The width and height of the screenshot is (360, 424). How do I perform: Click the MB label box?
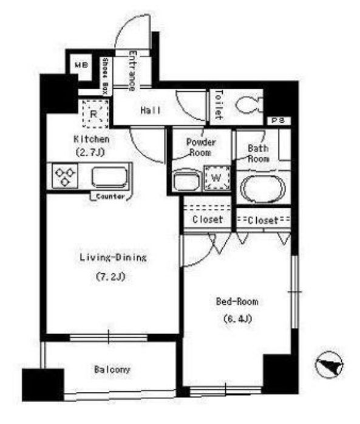tap(81, 65)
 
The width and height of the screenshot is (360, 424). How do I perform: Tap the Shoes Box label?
tap(105, 77)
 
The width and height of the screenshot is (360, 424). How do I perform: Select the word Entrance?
tap(132, 70)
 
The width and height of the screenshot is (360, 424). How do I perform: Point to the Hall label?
tap(151, 110)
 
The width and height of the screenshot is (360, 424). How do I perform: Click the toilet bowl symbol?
tap(249, 104)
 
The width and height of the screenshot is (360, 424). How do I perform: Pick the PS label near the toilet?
tap(278, 121)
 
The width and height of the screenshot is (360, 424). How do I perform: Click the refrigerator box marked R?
tap(95, 114)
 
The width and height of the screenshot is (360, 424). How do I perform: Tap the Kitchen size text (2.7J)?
tap(89, 153)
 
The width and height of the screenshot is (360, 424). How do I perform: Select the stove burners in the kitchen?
tap(64, 176)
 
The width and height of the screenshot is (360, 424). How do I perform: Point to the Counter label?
tap(110, 197)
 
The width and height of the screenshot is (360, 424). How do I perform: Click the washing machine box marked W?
tap(217, 178)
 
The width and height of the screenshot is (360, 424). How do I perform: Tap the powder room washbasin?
tap(186, 180)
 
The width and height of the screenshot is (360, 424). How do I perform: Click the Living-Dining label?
tap(113, 257)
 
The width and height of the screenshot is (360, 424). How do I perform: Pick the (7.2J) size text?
tap(110, 276)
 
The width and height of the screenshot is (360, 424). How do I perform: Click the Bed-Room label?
tap(237, 301)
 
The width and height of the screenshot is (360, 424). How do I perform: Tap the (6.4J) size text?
tap(237, 319)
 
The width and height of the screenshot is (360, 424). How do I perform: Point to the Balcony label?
tap(112, 369)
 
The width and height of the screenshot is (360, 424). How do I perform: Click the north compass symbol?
tap(329, 365)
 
